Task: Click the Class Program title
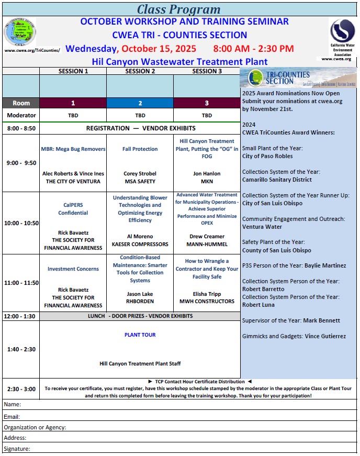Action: pyautogui.click(x=179, y=9)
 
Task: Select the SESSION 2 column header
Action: pyautogui.click(x=140, y=71)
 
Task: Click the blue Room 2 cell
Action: pyautogui.click(x=140, y=103)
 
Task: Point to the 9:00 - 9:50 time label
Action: pyautogui.click(x=21, y=163)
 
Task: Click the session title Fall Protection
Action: pyautogui.click(x=140, y=149)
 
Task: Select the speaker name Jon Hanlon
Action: pyautogui.click(x=207, y=173)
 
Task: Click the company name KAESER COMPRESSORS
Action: pyautogui.click(x=140, y=244)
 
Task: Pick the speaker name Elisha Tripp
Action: pyautogui.click(x=207, y=294)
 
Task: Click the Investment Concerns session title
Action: pyautogui.click(x=73, y=269)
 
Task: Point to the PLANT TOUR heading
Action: pyautogui.click(x=140, y=335)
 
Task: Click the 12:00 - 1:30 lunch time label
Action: pyautogui.click(x=20, y=317)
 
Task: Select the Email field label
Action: pyautogui.click(x=12, y=417)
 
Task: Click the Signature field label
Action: pyautogui.click(x=17, y=449)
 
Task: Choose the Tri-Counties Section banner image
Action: pyautogui.click(x=299, y=78)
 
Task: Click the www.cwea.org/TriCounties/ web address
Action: pyautogui.click(x=32, y=51)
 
